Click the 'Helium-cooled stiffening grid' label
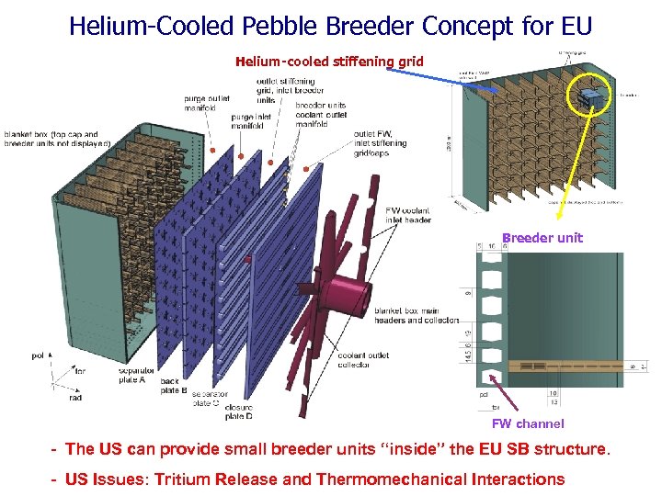tap(329, 62)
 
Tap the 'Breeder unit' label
tap(542, 238)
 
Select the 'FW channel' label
tap(528, 423)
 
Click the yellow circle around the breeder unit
tap(588, 96)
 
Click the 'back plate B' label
tap(170, 385)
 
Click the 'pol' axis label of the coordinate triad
tap(38, 354)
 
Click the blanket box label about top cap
tap(57, 138)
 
